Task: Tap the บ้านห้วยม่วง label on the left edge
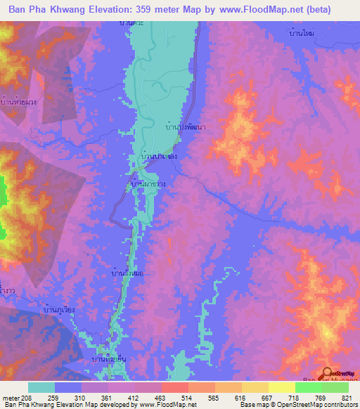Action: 18,100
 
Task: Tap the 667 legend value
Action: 259,398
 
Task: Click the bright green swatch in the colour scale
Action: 307,387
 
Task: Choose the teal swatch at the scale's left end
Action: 41,387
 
